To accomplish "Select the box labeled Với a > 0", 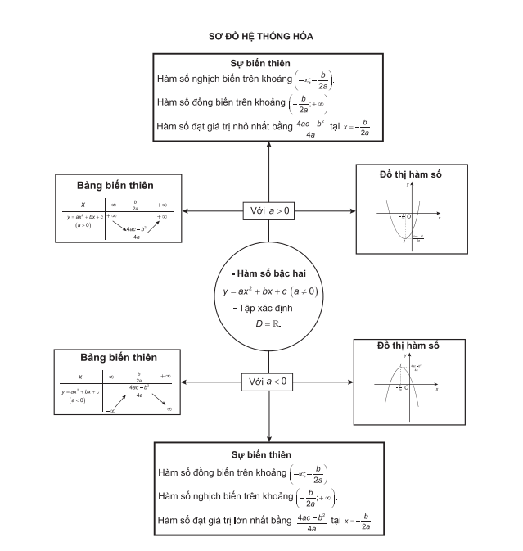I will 269,210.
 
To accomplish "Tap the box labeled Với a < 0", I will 269,382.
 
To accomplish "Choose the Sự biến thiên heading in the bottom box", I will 268,454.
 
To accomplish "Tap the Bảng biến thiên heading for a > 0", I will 115,186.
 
